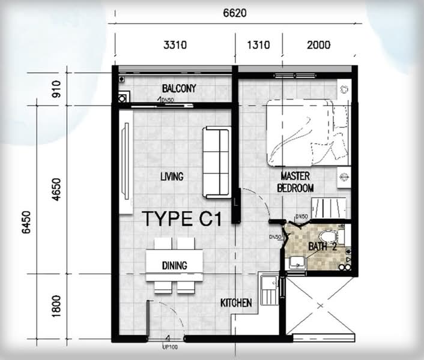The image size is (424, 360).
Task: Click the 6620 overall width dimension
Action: [235, 13]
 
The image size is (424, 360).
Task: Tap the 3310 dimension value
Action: [175, 45]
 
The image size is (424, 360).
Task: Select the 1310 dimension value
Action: [258, 45]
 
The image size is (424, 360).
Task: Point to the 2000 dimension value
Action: [318, 45]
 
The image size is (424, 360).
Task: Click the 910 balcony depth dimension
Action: [56, 89]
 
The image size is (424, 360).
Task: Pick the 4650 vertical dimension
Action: [56, 190]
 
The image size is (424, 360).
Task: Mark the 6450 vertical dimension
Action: [26, 222]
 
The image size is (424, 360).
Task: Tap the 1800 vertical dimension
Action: [56, 306]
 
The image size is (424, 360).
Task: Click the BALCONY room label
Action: [179, 88]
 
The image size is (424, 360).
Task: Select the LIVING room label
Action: [172, 176]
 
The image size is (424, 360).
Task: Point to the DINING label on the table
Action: [174, 265]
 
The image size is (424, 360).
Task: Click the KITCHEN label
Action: [236, 303]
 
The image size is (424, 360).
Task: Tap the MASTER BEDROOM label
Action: [295, 182]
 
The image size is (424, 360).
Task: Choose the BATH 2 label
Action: [323, 247]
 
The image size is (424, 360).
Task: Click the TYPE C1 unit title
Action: [181, 219]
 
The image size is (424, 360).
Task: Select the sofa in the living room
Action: [217, 162]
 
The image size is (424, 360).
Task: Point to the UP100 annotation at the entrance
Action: [170, 347]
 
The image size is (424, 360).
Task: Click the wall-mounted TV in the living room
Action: [126, 161]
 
